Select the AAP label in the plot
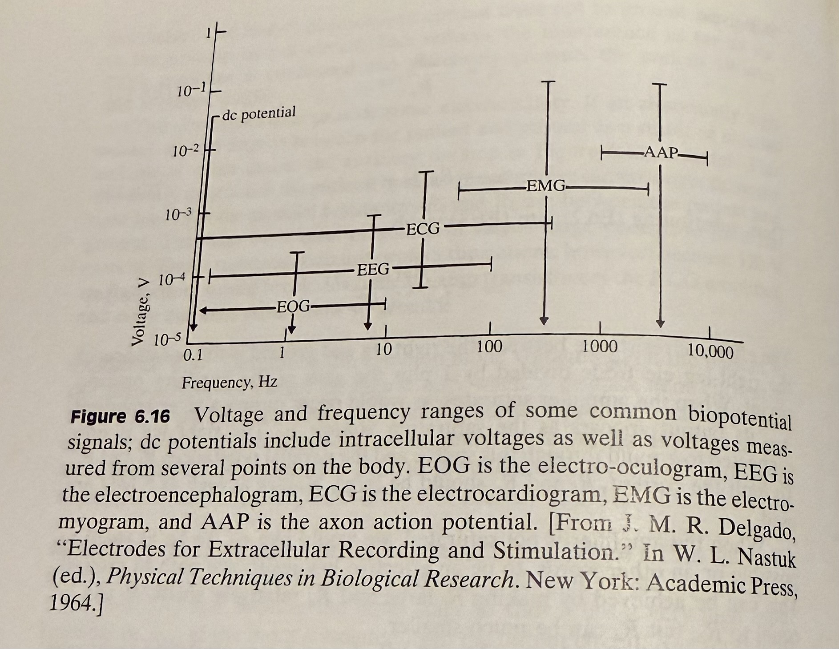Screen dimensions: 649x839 [661, 153]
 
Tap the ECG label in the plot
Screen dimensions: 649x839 [423, 229]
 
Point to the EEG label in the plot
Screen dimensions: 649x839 [373, 269]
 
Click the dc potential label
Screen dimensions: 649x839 [258, 114]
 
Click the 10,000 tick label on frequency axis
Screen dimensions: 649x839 [710, 351]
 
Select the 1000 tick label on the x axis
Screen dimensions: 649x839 [600, 347]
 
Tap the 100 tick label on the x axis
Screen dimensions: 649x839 [489, 346]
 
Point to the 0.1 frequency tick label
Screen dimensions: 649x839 [193, 355]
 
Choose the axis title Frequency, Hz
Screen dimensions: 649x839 [229, 383]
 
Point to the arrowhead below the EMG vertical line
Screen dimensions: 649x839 [544, 321]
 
